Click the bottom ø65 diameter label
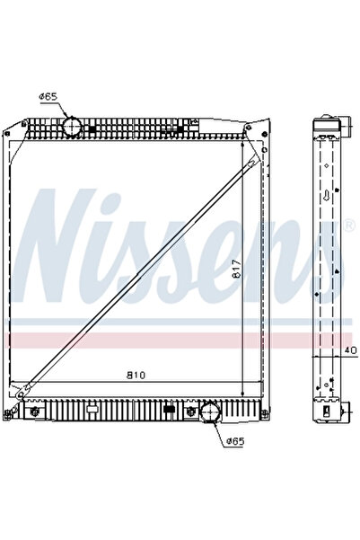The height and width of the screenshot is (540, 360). click(235, 439)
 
